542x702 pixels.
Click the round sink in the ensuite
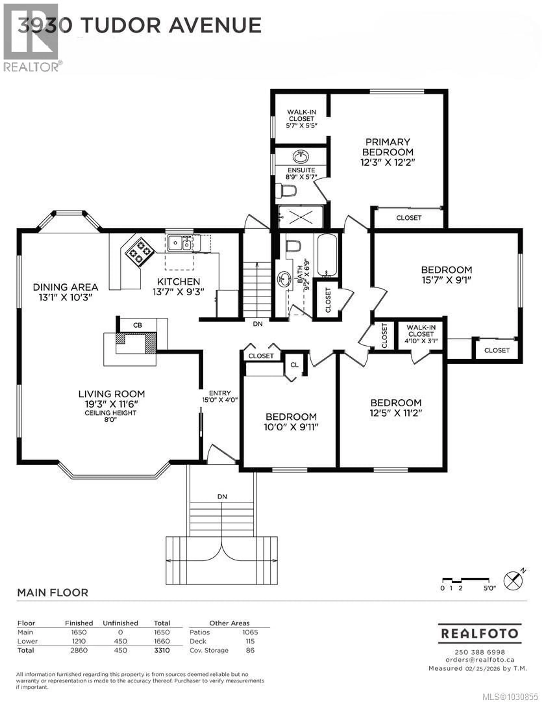click(301, 157)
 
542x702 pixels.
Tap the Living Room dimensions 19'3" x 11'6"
click(111, 404)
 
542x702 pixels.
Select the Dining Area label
click(65, 287)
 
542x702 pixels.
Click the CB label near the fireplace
click(137, 325)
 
